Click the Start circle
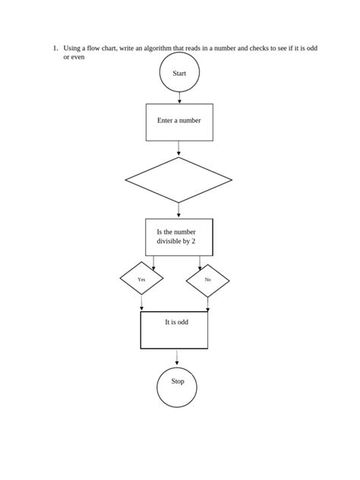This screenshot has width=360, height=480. pyautogui.click(x=179, y=74)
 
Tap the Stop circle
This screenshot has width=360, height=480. pyautogui.click(x=178, y=387)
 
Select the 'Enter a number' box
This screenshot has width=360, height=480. pyautogui.click(x=179, y=122)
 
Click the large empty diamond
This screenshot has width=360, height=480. pyautogui.click(x=178, y=180)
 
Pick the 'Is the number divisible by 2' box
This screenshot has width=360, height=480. pyautogui.click(x=179, y=237)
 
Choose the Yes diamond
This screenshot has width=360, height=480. pyautogui.click(x=141, y=280)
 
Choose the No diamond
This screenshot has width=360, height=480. pyautogui.click(x=208, y=280)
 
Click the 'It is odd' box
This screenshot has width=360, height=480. pyautogui.click(x=174, y=330)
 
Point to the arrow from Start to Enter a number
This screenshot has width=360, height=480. pyautogui.click(x=179, y=98)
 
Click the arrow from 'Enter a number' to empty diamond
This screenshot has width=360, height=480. pyautogui.click(x=178, y=149)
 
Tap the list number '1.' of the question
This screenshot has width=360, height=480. pyautogui.click(x=55, y=48)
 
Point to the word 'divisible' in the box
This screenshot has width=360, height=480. pyautogui.click(x=169, y=242)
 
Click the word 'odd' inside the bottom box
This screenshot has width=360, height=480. pyautogui.click(x=182, y=322)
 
